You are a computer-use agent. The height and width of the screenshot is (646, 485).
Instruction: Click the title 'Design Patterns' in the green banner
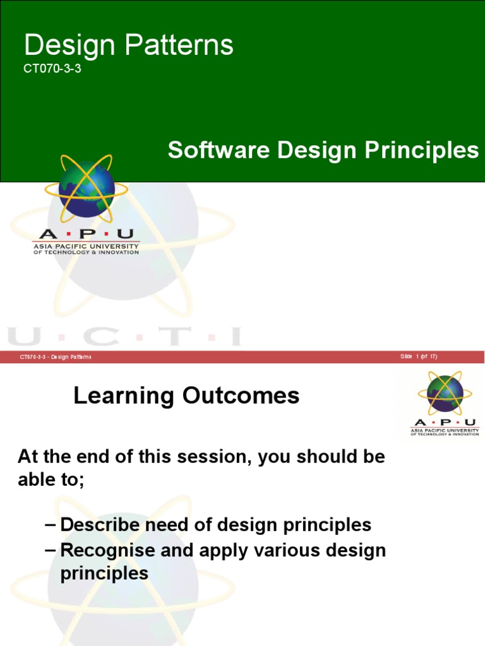tap(128, 45)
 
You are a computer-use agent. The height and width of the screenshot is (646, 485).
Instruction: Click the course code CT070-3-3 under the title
tap(52, 70)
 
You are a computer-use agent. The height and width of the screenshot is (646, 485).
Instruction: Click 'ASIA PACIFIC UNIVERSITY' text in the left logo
tap(86, 246)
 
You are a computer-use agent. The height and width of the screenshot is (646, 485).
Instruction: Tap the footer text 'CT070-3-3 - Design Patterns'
tap(56, 357)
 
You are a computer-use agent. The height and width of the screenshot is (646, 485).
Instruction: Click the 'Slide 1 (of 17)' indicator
tap(418, 356)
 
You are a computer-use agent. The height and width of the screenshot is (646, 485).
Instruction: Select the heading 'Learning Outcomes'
tap(186, 396)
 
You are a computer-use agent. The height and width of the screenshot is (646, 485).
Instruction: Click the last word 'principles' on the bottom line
tap(104, 573)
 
